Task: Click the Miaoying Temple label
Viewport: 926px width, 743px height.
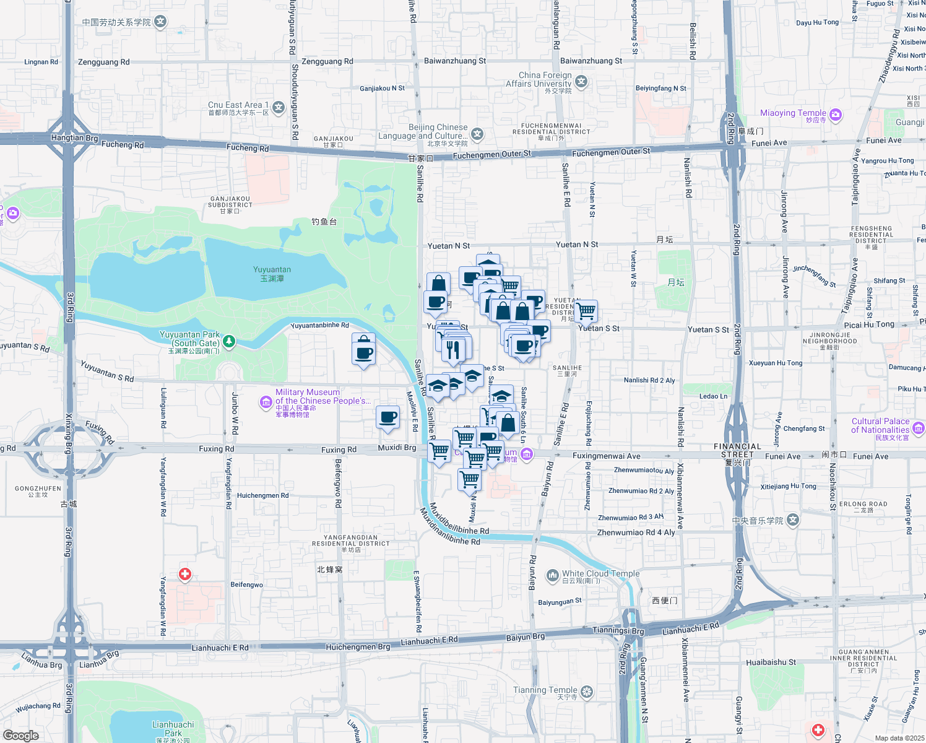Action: click(x=793, y=113)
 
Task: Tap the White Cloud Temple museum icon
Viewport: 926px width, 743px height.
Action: click(x=552, y=576)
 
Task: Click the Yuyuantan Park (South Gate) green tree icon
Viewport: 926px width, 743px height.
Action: click(x=229, y=341)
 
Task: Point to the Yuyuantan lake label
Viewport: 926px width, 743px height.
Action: click(x=272, y=270)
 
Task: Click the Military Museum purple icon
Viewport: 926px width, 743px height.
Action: click(x=266, y=402)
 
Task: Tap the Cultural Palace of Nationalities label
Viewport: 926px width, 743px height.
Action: click(x=880, y=425)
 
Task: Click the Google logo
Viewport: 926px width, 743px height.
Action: click(x=20, y=736)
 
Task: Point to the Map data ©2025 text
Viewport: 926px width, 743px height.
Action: click(x=899, y=738)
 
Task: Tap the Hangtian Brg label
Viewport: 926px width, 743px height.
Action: click(x=74, y=138)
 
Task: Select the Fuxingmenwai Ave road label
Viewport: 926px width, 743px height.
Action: click(x=606, y=456)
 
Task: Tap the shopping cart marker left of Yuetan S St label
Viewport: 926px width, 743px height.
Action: click(x=586, y=311)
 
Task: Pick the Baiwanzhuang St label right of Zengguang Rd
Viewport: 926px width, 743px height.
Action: click(x=455, y=61)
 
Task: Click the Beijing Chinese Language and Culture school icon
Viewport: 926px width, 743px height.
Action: click(x=477, y=134)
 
